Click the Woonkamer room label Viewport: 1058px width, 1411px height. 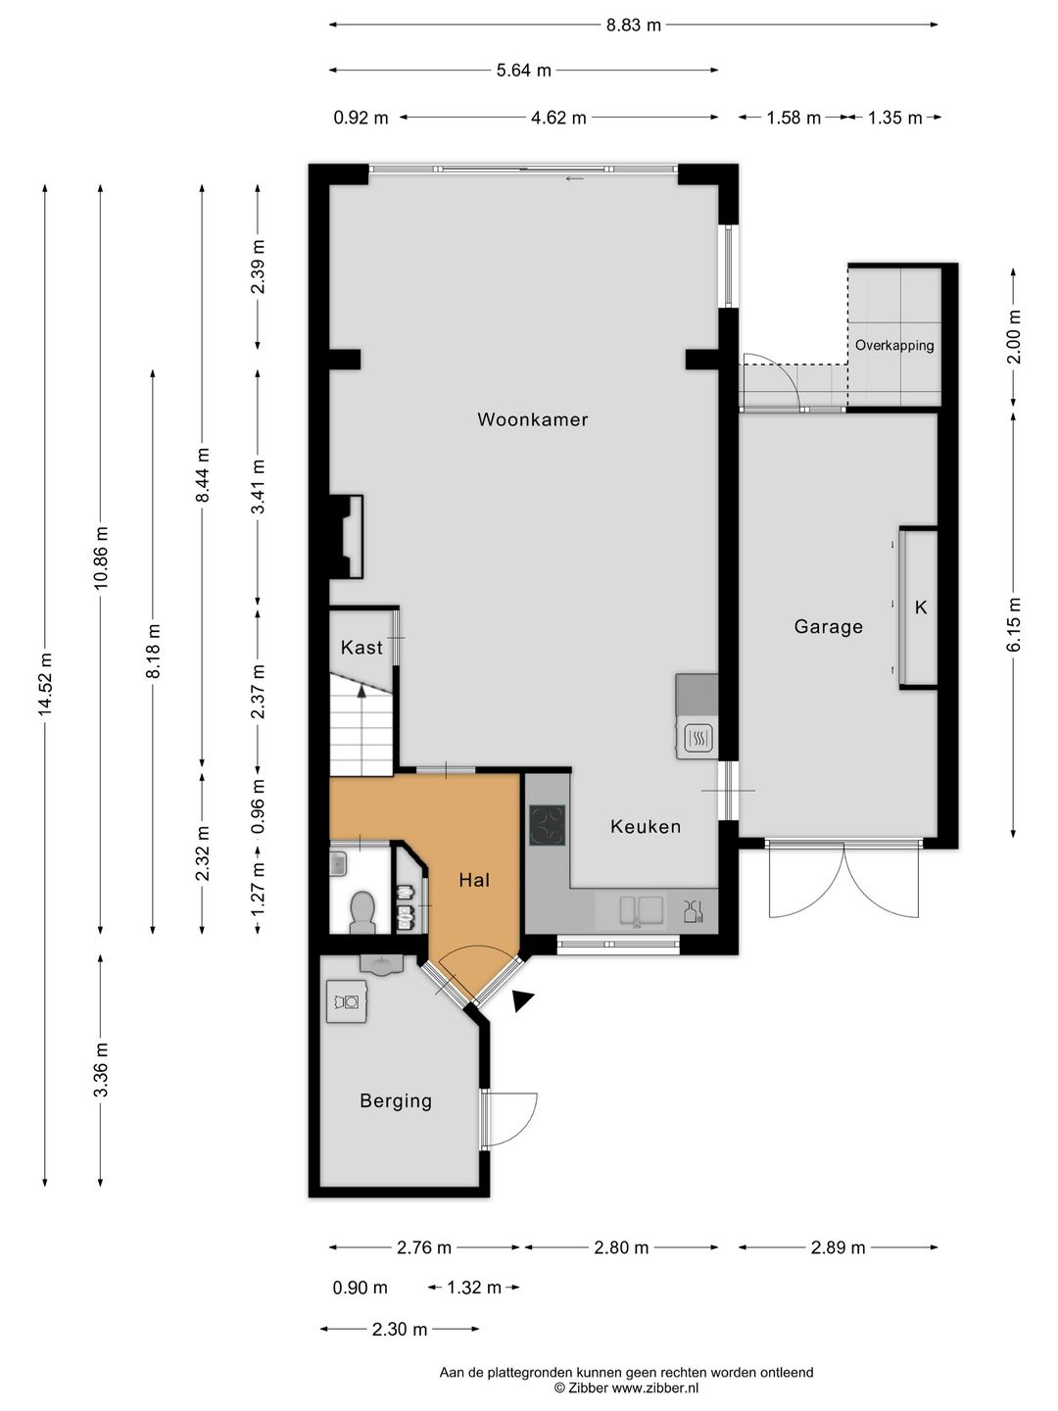click(533, 419)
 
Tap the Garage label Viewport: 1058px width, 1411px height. click(828, 627)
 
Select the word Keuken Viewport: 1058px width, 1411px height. click(645, 827)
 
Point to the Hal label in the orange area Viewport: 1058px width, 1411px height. click(474, 880)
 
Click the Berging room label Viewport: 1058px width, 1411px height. click(396, 1101)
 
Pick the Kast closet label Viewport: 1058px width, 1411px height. click(361, 648)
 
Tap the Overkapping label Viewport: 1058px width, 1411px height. click(894, 345)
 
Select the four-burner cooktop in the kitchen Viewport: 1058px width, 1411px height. click(548, 825)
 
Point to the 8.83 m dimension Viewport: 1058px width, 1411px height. click(634, 25)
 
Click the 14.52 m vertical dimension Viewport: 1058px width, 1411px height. click(44, 684)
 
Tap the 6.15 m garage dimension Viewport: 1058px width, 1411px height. click(1014, 624)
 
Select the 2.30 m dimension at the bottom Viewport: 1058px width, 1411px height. click(400, 1330)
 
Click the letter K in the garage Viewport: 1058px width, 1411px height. click(921, 608)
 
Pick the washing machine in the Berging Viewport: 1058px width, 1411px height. click(346, 1000)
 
